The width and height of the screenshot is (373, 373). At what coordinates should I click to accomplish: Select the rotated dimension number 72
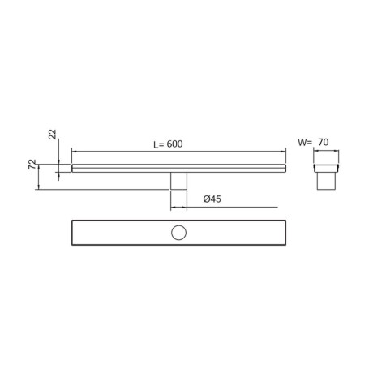(32, 165)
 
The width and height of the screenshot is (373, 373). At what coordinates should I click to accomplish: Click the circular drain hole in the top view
(178, 234)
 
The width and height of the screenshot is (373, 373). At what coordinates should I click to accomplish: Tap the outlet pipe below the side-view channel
(178, 181)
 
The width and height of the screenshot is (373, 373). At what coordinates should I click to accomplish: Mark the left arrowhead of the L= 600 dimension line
(74, 152)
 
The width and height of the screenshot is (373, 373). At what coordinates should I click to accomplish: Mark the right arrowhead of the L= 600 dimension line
(285, 152)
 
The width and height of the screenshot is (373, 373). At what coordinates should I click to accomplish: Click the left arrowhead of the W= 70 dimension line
(315, 152)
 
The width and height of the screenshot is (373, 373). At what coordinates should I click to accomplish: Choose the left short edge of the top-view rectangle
(72, 234)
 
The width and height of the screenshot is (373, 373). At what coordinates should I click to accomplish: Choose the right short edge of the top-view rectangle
(285, 234)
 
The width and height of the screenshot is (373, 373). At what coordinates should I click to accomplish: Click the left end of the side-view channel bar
(73, 169)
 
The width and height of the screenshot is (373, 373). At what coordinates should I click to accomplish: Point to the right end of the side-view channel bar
(285, 169)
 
